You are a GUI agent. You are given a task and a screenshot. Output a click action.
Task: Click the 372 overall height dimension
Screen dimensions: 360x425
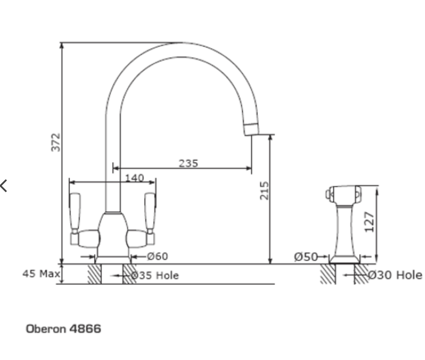56,142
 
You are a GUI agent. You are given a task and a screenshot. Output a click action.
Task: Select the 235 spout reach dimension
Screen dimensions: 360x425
188,163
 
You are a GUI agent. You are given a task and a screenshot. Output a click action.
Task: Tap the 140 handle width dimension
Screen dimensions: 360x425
134,178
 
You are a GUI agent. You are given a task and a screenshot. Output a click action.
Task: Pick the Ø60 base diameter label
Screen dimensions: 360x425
158,256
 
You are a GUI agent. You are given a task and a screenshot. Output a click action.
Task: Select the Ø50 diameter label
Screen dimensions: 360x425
306,257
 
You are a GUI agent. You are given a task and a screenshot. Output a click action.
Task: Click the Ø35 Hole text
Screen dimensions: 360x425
155,276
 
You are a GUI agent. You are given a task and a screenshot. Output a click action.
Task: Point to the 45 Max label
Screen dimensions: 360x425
41,273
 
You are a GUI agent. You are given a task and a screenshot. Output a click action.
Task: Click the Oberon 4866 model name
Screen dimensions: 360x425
63,329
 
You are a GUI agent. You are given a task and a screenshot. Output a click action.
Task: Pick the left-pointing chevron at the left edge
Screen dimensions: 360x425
4,186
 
